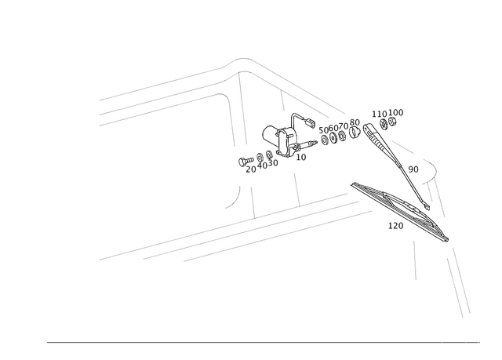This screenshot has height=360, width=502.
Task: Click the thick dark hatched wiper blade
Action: [x=396, y=208]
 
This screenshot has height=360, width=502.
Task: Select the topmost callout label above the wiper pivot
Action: [x=387, y=114]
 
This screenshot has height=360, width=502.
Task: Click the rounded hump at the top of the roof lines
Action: [x=243, y=61]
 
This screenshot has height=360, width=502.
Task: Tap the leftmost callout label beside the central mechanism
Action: [x=249, y=164]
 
